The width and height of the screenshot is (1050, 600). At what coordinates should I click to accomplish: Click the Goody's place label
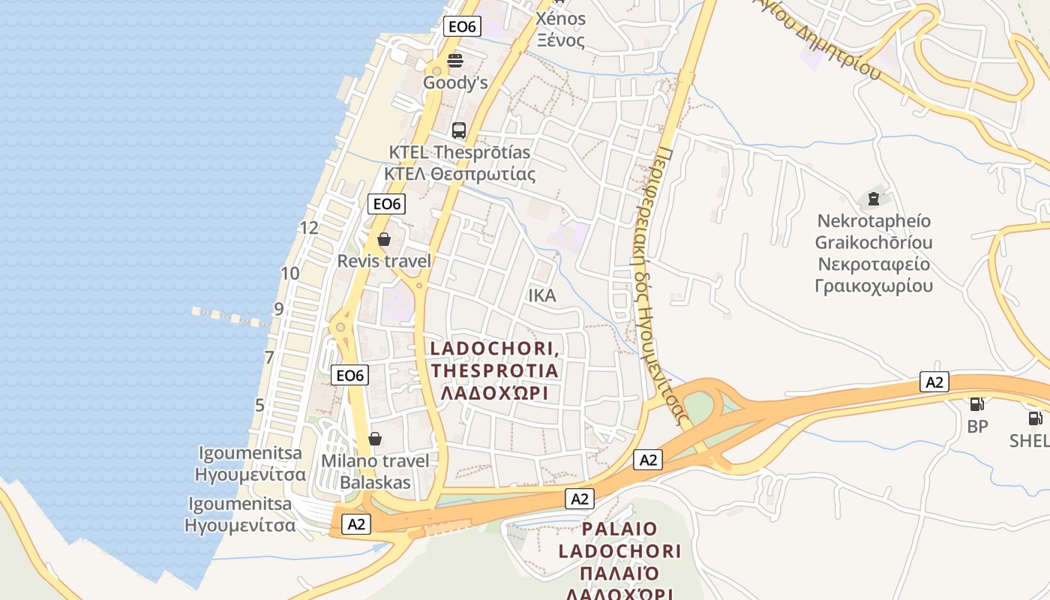pyautogui.click(x=455, y=82)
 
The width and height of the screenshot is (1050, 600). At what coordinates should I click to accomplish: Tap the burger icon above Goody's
pyautogui.click(x=455, y=60)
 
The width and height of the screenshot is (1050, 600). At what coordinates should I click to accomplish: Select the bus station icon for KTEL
pyautogui.click(x=459, y=130)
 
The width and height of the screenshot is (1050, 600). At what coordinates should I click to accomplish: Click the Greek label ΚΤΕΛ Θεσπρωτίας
pyautogui.click(x=460, y=175)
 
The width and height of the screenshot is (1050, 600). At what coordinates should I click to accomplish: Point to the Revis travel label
pyautogui.click(x=384, y=261)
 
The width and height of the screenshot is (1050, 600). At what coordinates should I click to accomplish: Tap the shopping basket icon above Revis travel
pyautogui.click(x=384, y=239)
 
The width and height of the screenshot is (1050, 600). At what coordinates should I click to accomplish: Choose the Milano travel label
pyautogui.click(x=375, y=460)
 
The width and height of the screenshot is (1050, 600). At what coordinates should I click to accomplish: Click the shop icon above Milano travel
pyautogui.click(x=375, y=439)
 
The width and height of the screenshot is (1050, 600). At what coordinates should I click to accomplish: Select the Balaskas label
pyautogui.click(x=375, y=482)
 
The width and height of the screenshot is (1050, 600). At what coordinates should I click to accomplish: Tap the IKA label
pyautogui.click(x=542, y=295)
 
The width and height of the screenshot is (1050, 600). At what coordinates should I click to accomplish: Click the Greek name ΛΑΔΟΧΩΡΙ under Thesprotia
pyautogui.click(x=494, y=392)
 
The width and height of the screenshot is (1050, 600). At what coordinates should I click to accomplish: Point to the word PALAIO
pyautogui.click(x=619, y=529)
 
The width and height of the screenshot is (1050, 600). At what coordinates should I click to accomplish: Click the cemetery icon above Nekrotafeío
pyautogui.click(x=873, y=199)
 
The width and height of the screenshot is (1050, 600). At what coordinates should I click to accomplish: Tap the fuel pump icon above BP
pyautogui.click(x=976, y=404)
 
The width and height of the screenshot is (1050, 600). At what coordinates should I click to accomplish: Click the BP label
pyautogui.click(x=977, y=426)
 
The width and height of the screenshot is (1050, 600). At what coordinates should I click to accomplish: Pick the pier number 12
pyautogui.click(x=308, y=228)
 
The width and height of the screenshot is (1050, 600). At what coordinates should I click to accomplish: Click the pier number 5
pyautogui.click(x=259, y=406)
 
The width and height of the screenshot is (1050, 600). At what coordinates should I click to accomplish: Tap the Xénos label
pyautogui.click(x=560, y=19)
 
